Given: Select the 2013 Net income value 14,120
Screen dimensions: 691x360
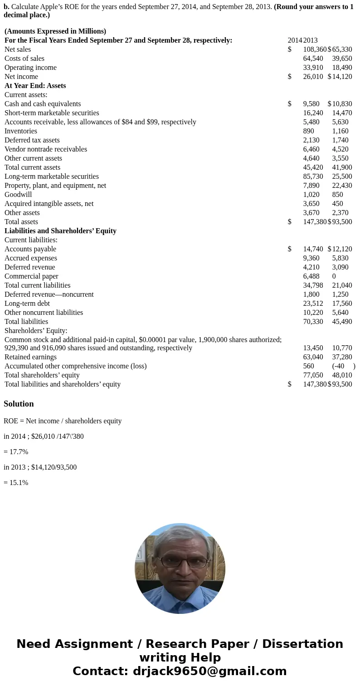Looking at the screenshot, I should click(342, 77).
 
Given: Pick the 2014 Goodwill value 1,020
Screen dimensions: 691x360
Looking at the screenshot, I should click(311, 195).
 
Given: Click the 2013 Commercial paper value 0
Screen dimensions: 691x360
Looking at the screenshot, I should click(334, 276).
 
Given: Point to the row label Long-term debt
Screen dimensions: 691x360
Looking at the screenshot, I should click(27, 304).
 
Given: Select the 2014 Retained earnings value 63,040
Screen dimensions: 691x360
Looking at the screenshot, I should click(313, 357).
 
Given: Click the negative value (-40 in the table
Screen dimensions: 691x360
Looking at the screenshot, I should click(338, 366).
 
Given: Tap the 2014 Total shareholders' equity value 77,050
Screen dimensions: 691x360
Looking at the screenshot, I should click(313, 375).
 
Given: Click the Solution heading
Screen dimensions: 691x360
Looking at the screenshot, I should click(19, 404).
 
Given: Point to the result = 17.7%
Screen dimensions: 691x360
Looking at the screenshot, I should click(16, 452).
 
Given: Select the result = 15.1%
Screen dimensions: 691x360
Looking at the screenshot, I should click(16, 483).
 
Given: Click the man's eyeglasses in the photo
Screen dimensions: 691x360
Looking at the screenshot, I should click(180, 562).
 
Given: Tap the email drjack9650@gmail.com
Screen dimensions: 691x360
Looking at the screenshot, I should click(209, 671).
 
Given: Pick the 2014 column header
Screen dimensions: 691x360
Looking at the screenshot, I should click(295, 40).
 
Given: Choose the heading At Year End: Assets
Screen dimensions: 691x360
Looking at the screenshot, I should click(35, 86).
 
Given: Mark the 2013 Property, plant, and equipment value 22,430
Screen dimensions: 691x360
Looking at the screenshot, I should click(342, 186).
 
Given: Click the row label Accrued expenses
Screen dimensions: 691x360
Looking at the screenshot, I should click(31, 258).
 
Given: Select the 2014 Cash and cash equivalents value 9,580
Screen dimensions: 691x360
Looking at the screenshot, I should click(311, 104).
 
